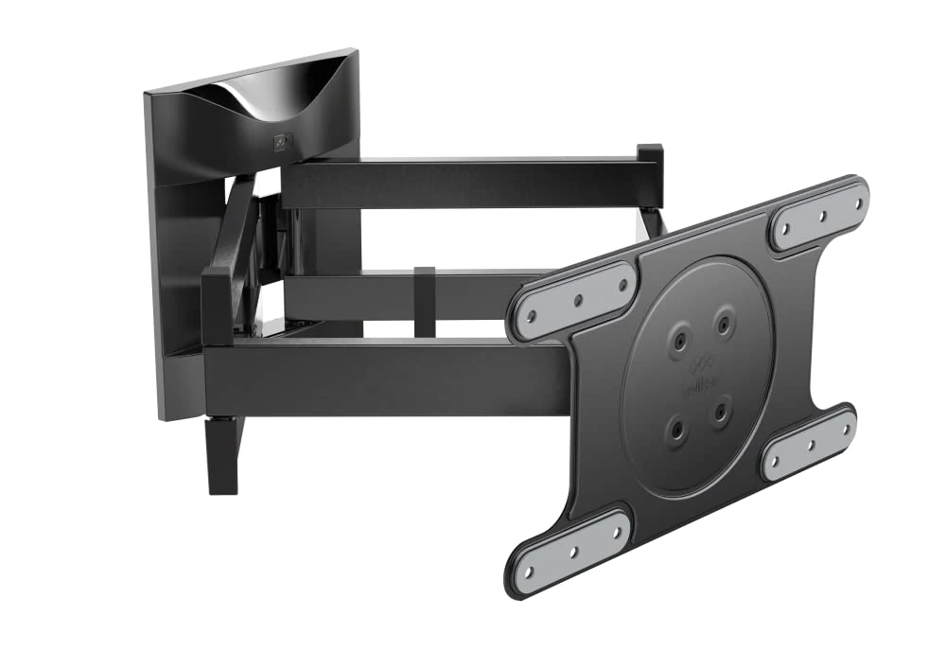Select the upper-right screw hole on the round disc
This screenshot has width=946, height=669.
pyautogui.click(x=724, y=324)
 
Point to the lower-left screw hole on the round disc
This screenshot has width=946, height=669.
pyautogui.click(x=677, y=429)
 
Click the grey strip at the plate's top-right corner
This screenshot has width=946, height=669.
pyautogui.click(x=818, y=215)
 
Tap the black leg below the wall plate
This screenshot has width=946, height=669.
pyautogui.click(x=223, y=454)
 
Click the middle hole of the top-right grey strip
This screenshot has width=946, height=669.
pyautogui.click(x=820, y=215)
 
